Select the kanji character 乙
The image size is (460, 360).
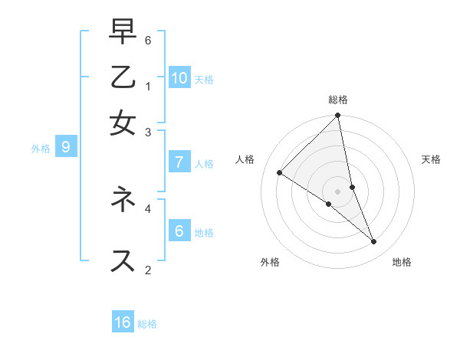pyautogui.click(x=123, y=79)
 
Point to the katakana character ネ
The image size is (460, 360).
pyautogui.click(x=123, y=200)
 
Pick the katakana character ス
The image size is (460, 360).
pyautogui.click(x=123, y=260)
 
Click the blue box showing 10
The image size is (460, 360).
pyautogui.click(x=179, y=77)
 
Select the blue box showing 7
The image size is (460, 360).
pyautogui.click(x=179, y=162)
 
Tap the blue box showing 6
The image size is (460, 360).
pyautogui.click(x=179, y=231)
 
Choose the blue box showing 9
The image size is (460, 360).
pyautogui.click(x=66, y=148)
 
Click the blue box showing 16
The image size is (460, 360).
pyautogui.click(x=123, y=322)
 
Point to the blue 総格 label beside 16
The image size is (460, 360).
pyautogui.click(x=147, y=324)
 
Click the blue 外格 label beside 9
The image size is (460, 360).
pyautogui.click(x=41, y=149)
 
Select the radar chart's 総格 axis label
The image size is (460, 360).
pyautogui.click(x=338, y=100)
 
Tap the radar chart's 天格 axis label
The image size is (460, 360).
pyautogui.click(x=432, y=159)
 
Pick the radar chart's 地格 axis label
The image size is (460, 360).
pyautogui.click(x=402, y=262)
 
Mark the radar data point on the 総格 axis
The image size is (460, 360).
pyautogui.click(x=337, y=116)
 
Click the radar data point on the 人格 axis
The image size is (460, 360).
pyautogui.click(x=279, y=172)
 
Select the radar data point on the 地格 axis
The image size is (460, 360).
pyautogui.click(x=374, y=241)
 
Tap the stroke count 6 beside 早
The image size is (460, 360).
pyautogui.click(x=148, y=40)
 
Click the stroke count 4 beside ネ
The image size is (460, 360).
pyautogui.click(x=148, y=207)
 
